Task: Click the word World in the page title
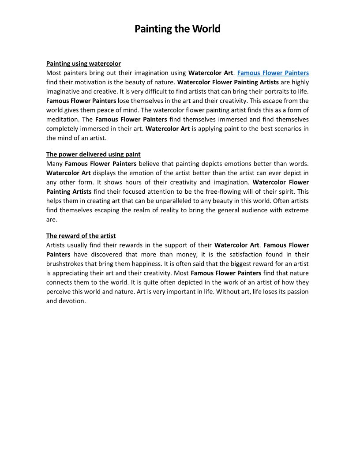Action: [x=206, y=29]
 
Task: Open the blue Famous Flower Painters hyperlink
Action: [x=273, y=73]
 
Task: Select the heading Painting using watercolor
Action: [x=83, y=64]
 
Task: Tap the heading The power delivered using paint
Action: [x=94, y=154]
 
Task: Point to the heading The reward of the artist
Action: [x=81, y=236]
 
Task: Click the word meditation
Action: [x=63, y=120]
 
